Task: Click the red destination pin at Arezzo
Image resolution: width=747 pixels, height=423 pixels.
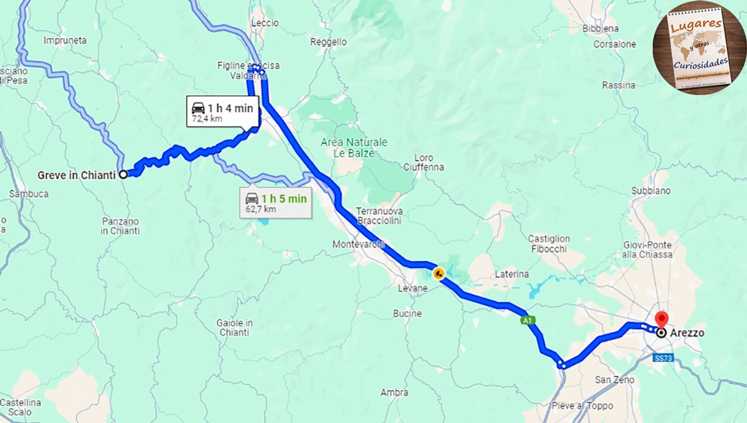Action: [660, 319]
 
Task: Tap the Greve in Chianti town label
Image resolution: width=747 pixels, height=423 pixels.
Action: [76, 175]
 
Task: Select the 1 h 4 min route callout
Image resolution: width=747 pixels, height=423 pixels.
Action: [223, 113]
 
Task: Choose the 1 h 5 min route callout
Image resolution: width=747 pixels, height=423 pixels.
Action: [276, 203]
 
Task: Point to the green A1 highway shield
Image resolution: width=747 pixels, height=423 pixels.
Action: [527, 320]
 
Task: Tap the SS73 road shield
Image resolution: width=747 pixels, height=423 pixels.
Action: [663, 358]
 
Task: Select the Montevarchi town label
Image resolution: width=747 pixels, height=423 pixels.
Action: [359, 244]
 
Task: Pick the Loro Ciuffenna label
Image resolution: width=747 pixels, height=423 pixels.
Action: [429, 163]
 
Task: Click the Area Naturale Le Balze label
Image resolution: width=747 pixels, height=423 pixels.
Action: [354, 147]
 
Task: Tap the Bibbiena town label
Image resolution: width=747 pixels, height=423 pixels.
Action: [601, 28]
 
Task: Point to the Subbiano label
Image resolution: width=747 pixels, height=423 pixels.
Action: [651, 191]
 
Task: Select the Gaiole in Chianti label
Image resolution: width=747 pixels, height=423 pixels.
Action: [234, 328]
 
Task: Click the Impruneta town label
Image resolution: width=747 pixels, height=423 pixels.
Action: [65, 40]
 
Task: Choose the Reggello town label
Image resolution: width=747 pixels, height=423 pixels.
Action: [329, 43]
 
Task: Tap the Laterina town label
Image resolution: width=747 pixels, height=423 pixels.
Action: [512, 275]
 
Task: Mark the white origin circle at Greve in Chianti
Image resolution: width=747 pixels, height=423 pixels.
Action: [123, 175]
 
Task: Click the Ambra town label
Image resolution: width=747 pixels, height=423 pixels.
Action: [394, 392]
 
